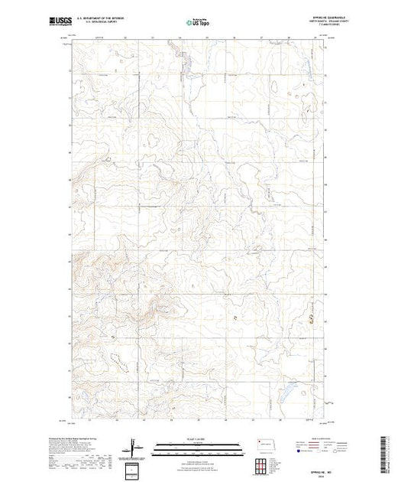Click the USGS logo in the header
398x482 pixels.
[x=59, y=24]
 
